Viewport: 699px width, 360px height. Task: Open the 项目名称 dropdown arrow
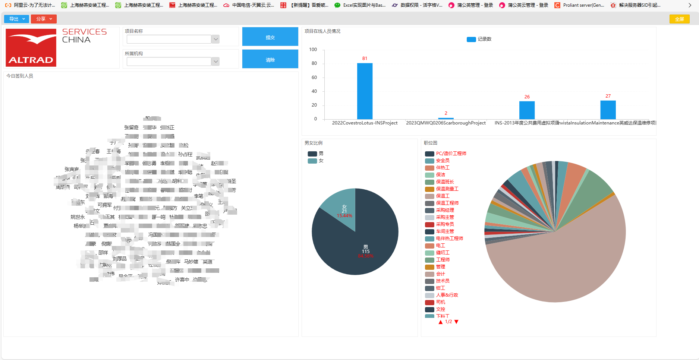click(215, 39)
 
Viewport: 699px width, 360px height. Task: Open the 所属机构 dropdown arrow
click(215, 61)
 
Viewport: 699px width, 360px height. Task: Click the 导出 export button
click(16, 19)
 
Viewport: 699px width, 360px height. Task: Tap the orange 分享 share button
click(44, 19)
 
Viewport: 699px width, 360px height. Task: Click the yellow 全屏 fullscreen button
click(679, 19)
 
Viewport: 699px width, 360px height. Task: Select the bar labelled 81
click(365, 91)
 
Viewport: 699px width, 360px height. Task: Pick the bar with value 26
click(527, 110)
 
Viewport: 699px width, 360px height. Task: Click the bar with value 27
click(608, 110)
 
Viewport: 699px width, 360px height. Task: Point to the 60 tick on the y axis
click(314, 78)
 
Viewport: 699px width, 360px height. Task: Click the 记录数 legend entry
click(479, 39)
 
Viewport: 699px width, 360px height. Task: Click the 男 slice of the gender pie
click(358, 246)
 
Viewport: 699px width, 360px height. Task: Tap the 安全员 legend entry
click(443, 161)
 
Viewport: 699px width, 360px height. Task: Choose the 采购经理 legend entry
click(445, 210)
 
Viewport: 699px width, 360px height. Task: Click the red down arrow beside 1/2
click(456, 322)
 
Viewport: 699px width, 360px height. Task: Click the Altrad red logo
click(31, 47)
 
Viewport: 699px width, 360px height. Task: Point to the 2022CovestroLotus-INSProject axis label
click(365, 123)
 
